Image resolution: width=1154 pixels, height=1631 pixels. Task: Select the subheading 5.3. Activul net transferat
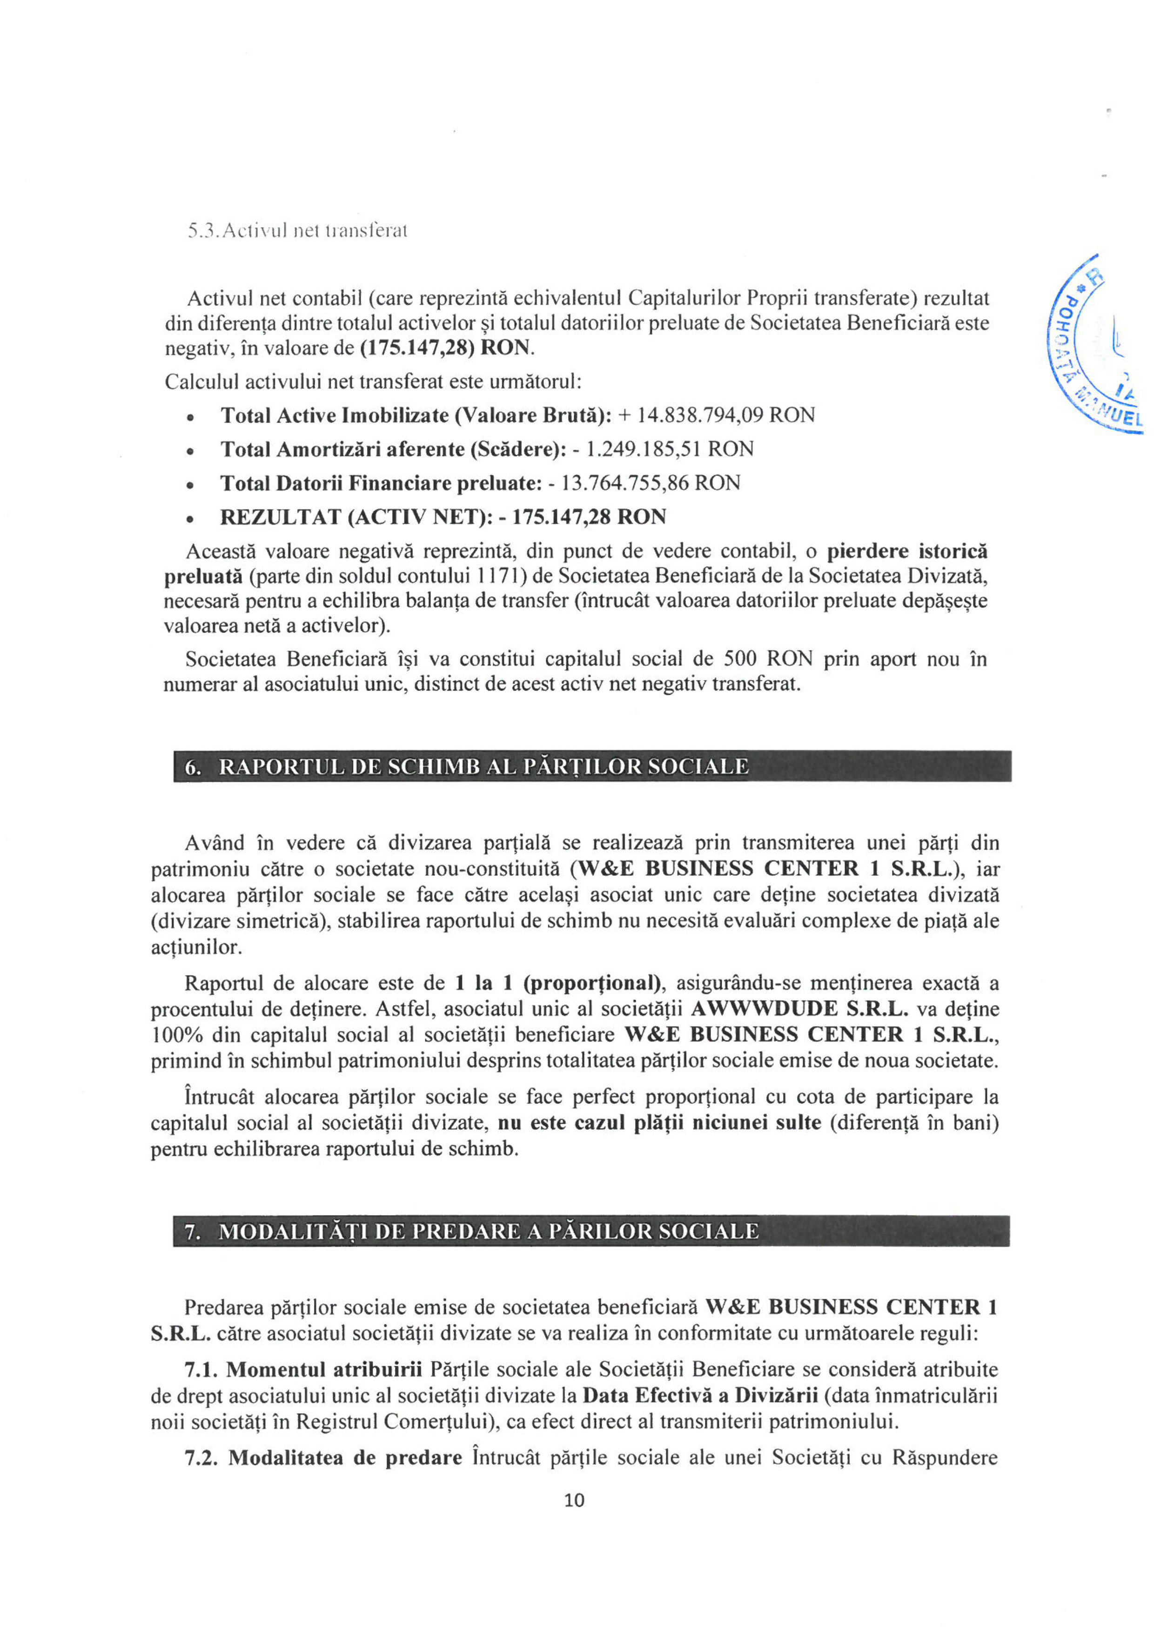click(x=297, y=231)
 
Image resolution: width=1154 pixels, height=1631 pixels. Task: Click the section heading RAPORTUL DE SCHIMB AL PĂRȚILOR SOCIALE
click(x=483, y=767)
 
